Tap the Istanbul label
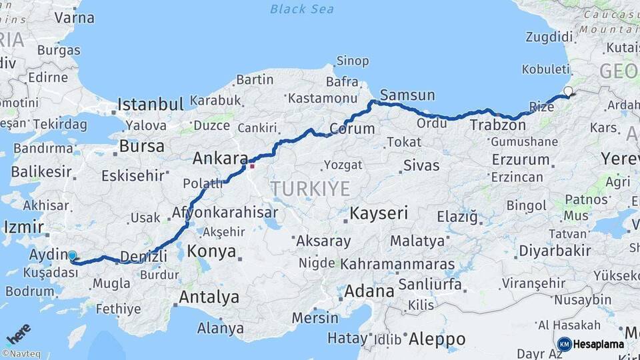(150, 105)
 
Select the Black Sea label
(302, 9)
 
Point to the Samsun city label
(407, 95)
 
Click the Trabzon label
(497, 125)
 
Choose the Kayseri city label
(379, 214)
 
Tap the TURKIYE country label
(310, 189)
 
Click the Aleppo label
(436, 339)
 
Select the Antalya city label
(209, 297)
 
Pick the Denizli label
(143, 256)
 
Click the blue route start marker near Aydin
(72, 255)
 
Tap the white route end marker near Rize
(568, 91)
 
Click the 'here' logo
(18, 333)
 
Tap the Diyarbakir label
(555, 251)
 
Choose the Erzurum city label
(520, 160)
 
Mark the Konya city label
(211, 251)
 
